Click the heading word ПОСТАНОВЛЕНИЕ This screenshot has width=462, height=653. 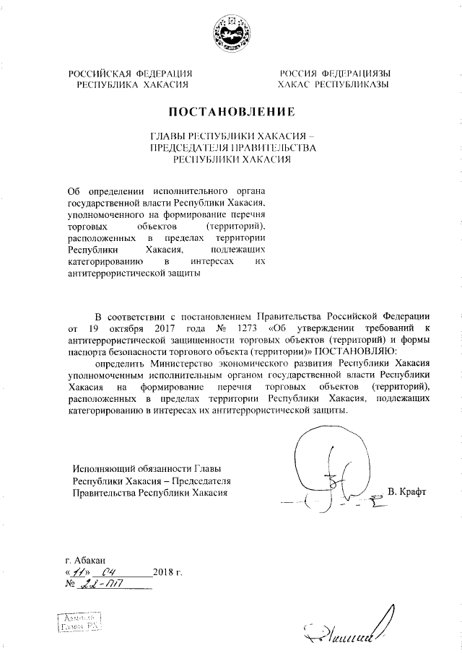click(231, 112)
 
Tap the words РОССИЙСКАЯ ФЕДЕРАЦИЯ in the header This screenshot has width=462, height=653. click(130, 74)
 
